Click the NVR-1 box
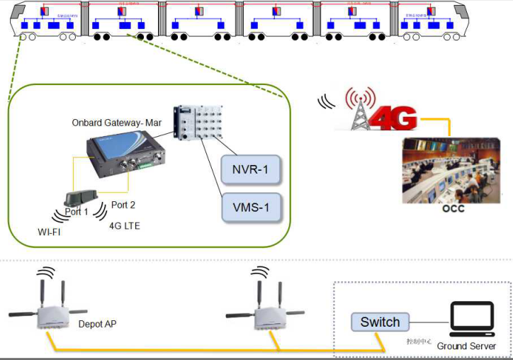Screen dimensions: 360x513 (x=252, y=171)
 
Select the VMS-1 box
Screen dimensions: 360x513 (x=252, y=208)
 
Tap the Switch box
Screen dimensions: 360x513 (x=380, y=322)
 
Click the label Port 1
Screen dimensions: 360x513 (x=77, y=212)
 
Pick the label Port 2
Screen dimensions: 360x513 (x=123, y=206)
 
